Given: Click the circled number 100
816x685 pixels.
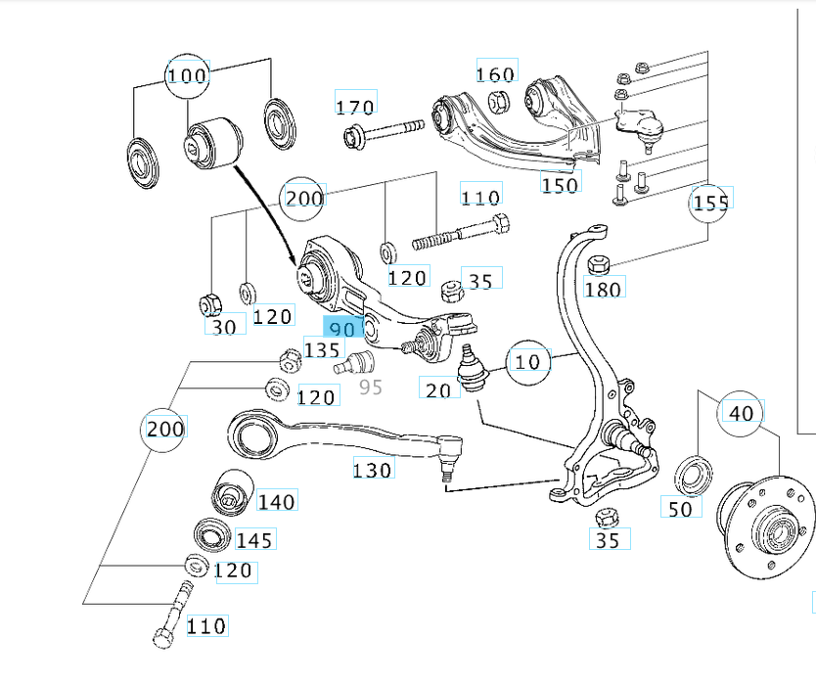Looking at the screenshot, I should (187, 75).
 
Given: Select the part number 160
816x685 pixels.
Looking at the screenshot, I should (495, 73).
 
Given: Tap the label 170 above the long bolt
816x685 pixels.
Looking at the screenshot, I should (355, 107).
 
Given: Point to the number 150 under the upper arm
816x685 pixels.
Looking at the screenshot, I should (560, 183).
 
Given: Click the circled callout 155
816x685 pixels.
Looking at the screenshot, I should (711, 203).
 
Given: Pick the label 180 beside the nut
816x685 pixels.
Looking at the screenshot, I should (604, 288).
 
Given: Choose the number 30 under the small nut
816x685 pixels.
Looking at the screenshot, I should (224, 327).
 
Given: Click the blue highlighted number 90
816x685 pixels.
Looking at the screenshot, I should (342, 329).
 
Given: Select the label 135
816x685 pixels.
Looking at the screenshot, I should (322, 350).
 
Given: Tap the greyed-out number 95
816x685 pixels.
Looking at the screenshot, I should (371, 387).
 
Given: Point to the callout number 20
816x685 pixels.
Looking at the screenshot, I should (438, 389).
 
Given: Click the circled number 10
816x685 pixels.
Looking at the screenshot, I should (526, 362).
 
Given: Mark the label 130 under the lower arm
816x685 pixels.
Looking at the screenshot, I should (373, 471).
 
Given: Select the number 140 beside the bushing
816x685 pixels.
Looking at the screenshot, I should (276, 502).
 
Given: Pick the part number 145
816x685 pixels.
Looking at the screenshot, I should (254, 539).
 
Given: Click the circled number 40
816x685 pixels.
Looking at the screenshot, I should (743, 413).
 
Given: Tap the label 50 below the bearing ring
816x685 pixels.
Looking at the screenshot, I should (680, 507).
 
